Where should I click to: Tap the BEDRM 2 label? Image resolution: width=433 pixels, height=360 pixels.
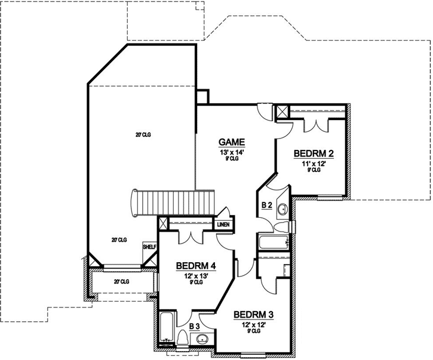pos(314,153)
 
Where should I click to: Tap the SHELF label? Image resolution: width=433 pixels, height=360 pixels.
pos(148,246)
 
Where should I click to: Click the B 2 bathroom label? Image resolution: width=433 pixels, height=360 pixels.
pos(267,205)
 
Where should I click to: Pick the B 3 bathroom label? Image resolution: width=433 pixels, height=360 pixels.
pos(194,327)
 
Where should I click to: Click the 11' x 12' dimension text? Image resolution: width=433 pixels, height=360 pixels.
pos(314,163)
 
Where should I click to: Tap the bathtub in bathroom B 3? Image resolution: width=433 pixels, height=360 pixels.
pos(167,329)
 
